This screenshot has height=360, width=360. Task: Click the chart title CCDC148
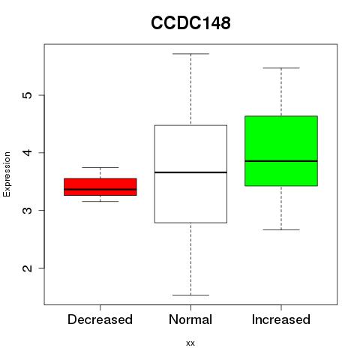190,23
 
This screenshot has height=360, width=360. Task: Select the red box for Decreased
100,187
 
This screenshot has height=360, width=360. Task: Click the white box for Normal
190,174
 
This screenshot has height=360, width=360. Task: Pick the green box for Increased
281,151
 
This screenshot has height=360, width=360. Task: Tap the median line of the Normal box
190,172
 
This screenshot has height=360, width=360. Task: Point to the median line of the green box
281,161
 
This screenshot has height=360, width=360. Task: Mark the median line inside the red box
100,189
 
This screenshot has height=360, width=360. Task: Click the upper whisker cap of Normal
190,54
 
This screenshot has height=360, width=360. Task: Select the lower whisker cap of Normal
190,295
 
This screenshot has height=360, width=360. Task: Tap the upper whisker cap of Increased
281,67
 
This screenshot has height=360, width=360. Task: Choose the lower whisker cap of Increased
281,229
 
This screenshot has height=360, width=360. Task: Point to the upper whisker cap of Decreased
100,167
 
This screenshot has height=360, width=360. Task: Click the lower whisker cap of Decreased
100,201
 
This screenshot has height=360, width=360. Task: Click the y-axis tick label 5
28,95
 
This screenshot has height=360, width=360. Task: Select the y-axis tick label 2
28,268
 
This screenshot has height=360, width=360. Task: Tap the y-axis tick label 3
28,211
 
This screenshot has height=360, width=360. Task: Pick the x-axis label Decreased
100,319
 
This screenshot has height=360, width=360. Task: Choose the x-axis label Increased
281,319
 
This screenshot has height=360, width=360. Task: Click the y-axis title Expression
7,174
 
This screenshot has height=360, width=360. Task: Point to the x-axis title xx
190,343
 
